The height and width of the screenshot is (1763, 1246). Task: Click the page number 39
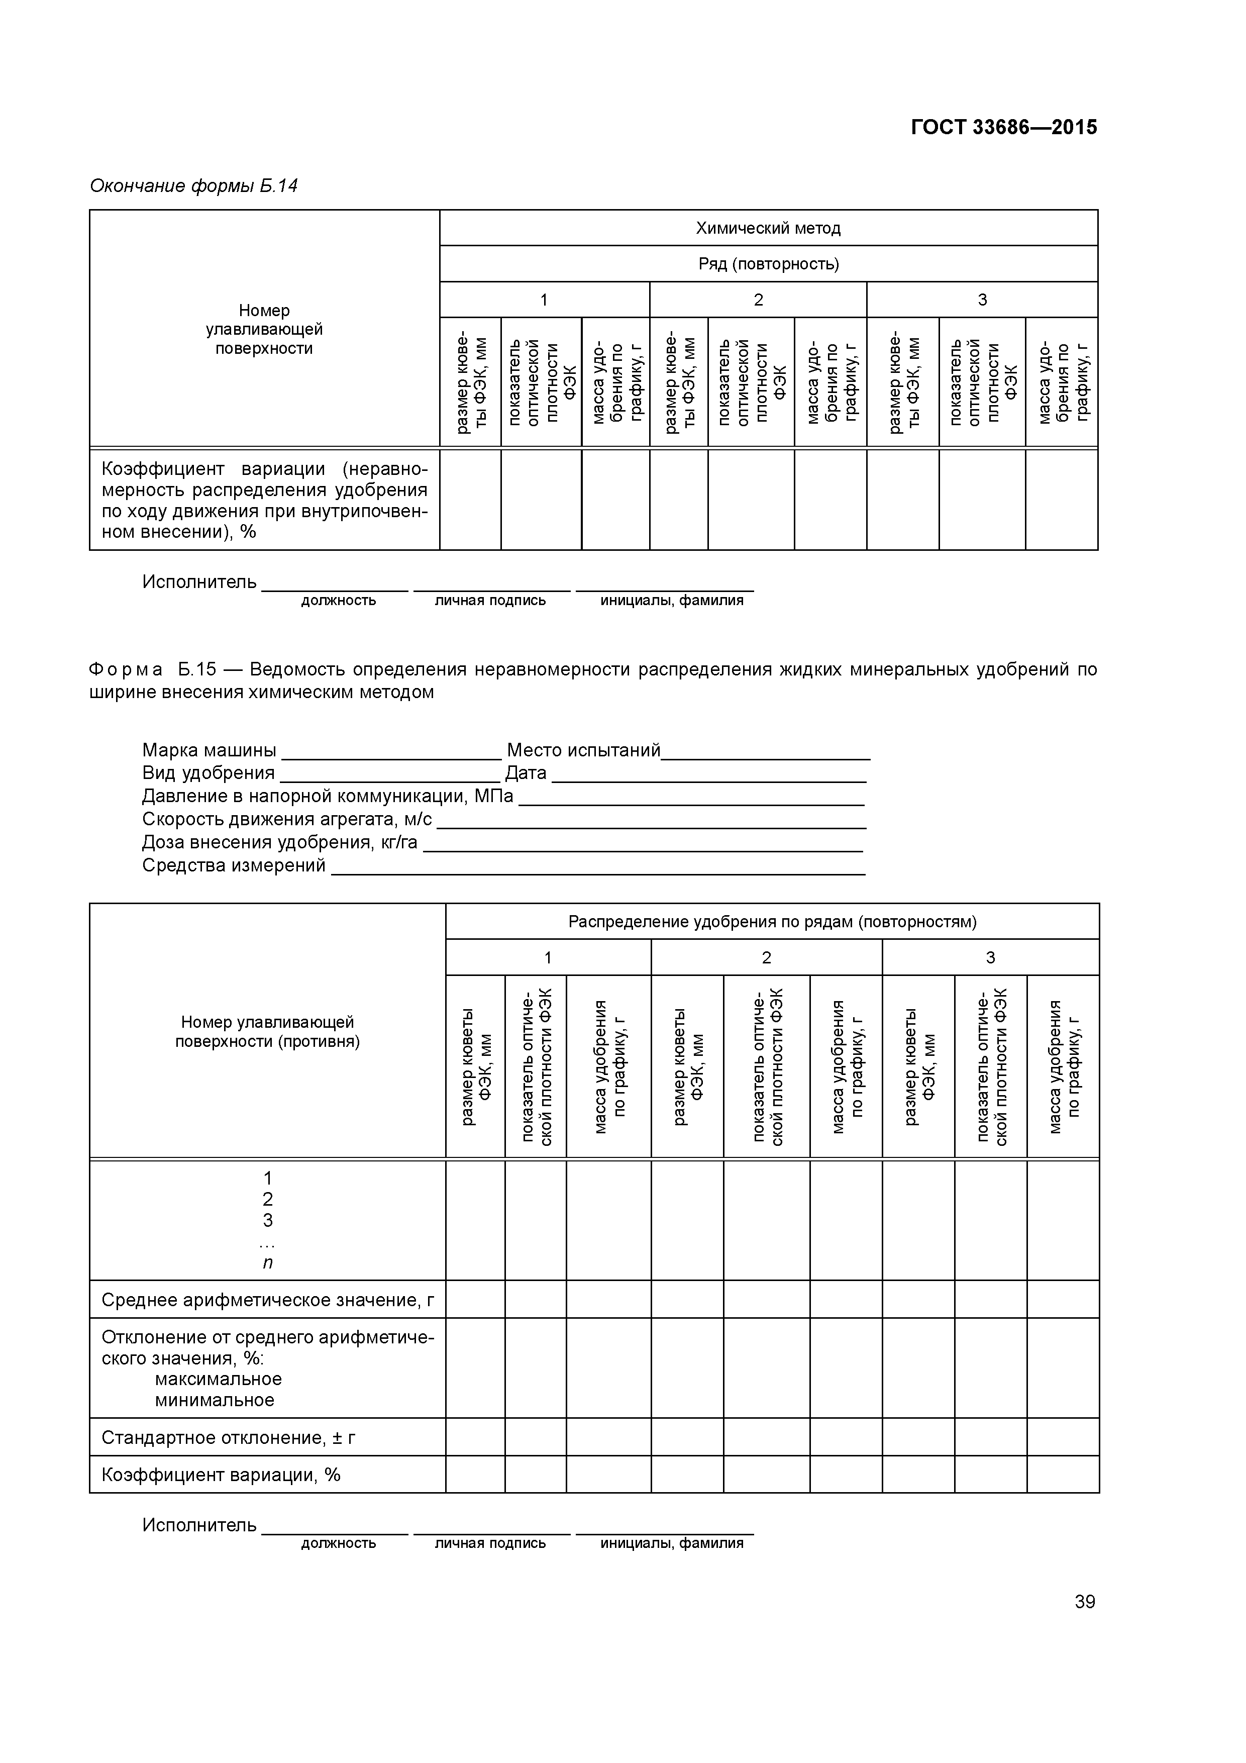(1084, 1602)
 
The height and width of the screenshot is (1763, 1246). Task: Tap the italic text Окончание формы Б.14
(193, 186)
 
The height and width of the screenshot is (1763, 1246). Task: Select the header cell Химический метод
(768, 228)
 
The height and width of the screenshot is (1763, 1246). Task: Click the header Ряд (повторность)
(768, 264)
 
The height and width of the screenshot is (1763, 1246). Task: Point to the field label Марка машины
(209, 750)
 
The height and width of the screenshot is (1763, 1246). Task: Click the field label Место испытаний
(583, 750)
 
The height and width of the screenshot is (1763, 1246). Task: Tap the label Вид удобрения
(208, 773)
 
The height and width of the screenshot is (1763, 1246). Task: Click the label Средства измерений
(234, 865)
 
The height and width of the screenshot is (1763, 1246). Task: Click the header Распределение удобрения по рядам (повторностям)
(772, 921)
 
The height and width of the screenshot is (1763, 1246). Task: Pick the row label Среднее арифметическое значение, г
(267, 1300)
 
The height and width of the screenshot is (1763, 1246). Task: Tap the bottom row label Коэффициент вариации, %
(221, 1475)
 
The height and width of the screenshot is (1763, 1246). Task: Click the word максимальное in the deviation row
(218, 1379)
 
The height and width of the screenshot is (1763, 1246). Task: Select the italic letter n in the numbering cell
(267, 1262)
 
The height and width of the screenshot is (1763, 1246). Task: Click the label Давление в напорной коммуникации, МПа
(327, 796)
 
